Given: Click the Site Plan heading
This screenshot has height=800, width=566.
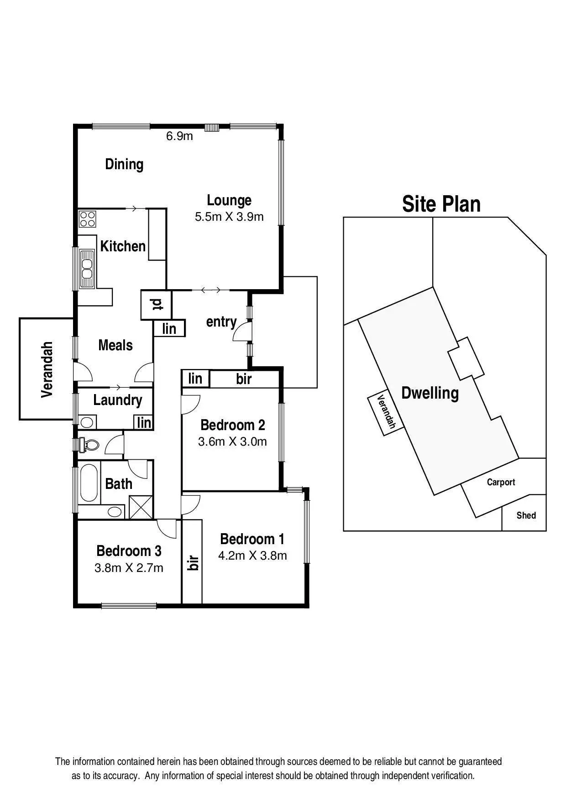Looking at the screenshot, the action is point(441,204).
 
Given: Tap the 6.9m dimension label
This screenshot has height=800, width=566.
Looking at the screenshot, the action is point(179,136).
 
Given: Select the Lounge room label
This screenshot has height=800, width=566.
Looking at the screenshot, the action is point(229,200).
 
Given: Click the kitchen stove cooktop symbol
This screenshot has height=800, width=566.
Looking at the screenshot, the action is point(87,218).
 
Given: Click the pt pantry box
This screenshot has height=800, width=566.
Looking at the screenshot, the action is point(156,305).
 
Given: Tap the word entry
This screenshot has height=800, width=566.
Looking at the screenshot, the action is point(221,322).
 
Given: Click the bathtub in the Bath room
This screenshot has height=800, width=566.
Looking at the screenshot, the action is point(89,483).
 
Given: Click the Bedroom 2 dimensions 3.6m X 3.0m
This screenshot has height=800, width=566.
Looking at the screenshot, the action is point(232,442).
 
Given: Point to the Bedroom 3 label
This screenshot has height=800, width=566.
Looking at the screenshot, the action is point(129,551).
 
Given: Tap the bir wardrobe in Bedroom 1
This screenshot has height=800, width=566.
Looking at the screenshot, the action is point(193,562).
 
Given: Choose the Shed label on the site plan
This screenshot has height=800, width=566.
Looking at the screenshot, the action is point(526,515).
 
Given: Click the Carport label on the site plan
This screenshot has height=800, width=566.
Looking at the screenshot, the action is point(501,482).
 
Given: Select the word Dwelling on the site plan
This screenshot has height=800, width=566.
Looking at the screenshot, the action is point(430,393).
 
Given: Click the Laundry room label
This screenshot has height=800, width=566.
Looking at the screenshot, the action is point(117,400).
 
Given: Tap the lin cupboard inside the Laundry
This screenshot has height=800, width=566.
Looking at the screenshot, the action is point(144,422).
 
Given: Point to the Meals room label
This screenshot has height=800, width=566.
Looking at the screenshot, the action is point(115,345).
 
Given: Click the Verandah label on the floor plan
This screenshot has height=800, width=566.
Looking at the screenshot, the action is point(47,369).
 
